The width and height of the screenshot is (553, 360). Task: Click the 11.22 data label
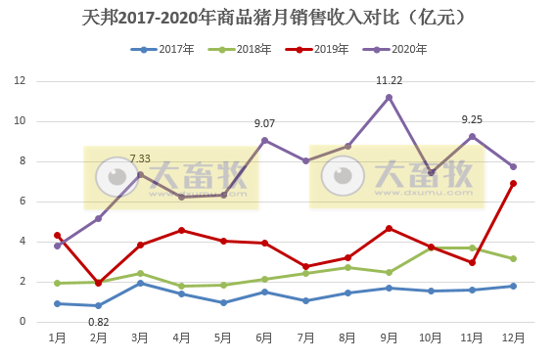390,80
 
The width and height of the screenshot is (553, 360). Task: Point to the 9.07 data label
264,123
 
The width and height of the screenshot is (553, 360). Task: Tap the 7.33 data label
140,158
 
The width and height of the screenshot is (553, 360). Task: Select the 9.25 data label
472,119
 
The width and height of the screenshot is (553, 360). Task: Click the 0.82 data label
98,321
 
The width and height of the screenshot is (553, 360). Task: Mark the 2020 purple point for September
390,97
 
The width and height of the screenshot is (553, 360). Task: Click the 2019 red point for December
513,183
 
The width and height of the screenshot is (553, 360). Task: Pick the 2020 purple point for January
58,246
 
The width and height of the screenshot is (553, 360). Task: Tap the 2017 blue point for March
140,283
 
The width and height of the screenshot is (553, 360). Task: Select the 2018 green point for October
431,247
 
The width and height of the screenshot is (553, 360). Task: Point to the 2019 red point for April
182,230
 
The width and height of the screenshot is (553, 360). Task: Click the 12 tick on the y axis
19,81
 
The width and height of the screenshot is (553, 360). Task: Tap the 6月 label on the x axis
264,337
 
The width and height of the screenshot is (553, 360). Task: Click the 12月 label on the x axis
513,337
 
